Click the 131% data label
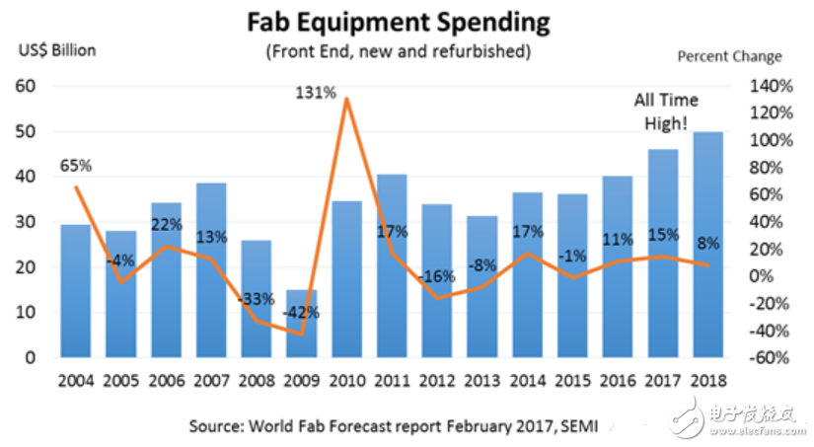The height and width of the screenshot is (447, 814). click(316, 93)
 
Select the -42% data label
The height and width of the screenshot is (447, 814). click(302, 313)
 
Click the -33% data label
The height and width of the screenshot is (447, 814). click(257, 297)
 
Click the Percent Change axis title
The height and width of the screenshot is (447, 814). click(729, 56)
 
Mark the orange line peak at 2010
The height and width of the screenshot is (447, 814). click(345, 99)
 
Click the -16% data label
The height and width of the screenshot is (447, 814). click(437, 277)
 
